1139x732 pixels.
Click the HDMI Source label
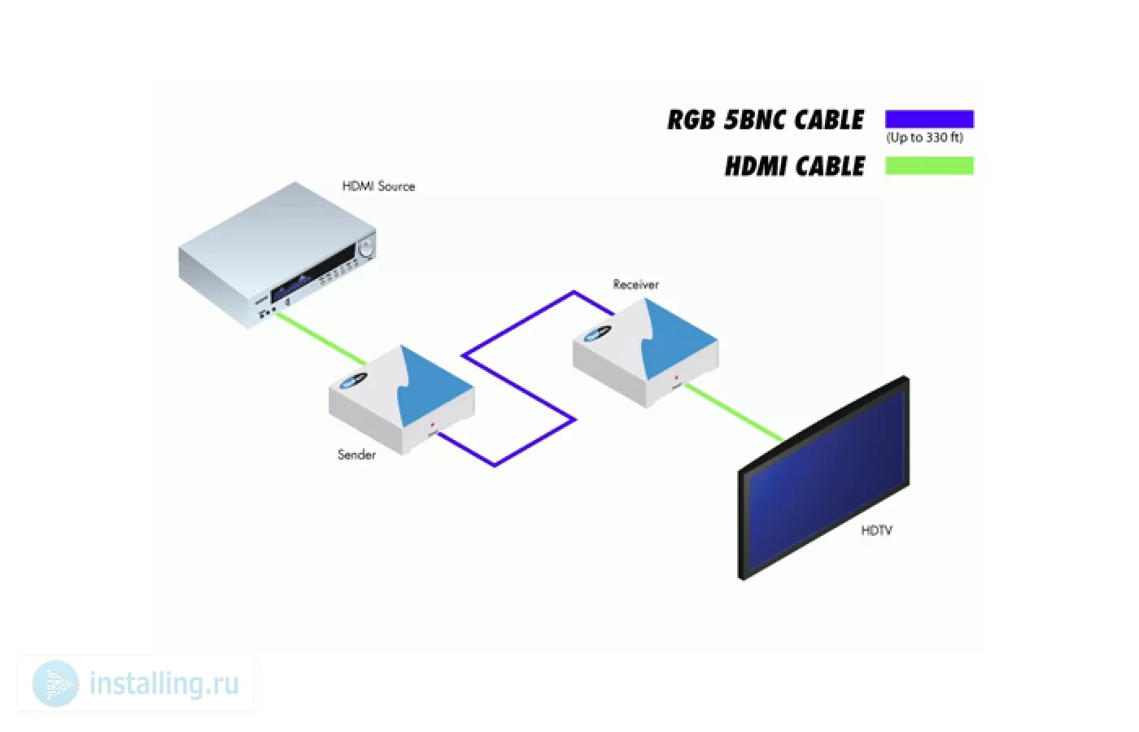coord(378,186)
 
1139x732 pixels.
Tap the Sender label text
coord(356,455)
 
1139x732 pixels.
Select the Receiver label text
coord(635,284)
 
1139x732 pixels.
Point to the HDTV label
coord(877,530)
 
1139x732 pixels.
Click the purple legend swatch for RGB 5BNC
coord(929,119)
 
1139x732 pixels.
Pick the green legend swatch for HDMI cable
coord(929,166)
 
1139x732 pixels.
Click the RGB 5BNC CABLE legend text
coord(766,120)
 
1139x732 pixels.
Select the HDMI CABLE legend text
coord(795,166)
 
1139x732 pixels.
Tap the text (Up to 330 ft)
coord(925,137)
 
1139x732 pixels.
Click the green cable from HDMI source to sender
coord(321,338)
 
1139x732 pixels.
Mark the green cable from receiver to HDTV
coord(734,412)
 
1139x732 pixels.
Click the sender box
coord(402,399)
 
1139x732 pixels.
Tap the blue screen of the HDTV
coord(827,478)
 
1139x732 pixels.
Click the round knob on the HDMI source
coord(366,249)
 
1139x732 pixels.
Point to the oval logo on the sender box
coord(354,381)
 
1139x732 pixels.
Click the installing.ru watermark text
coord(164,684)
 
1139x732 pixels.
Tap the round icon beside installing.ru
coord(55,684)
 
